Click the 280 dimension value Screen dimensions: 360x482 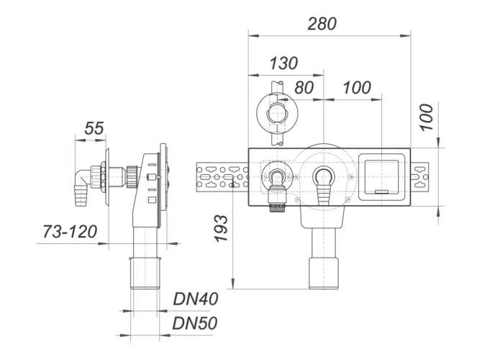coord(322,23)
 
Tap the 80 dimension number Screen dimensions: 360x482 coord(304,88)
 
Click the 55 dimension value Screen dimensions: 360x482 coord(94,129)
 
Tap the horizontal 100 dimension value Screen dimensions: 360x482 coord(356,88)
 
